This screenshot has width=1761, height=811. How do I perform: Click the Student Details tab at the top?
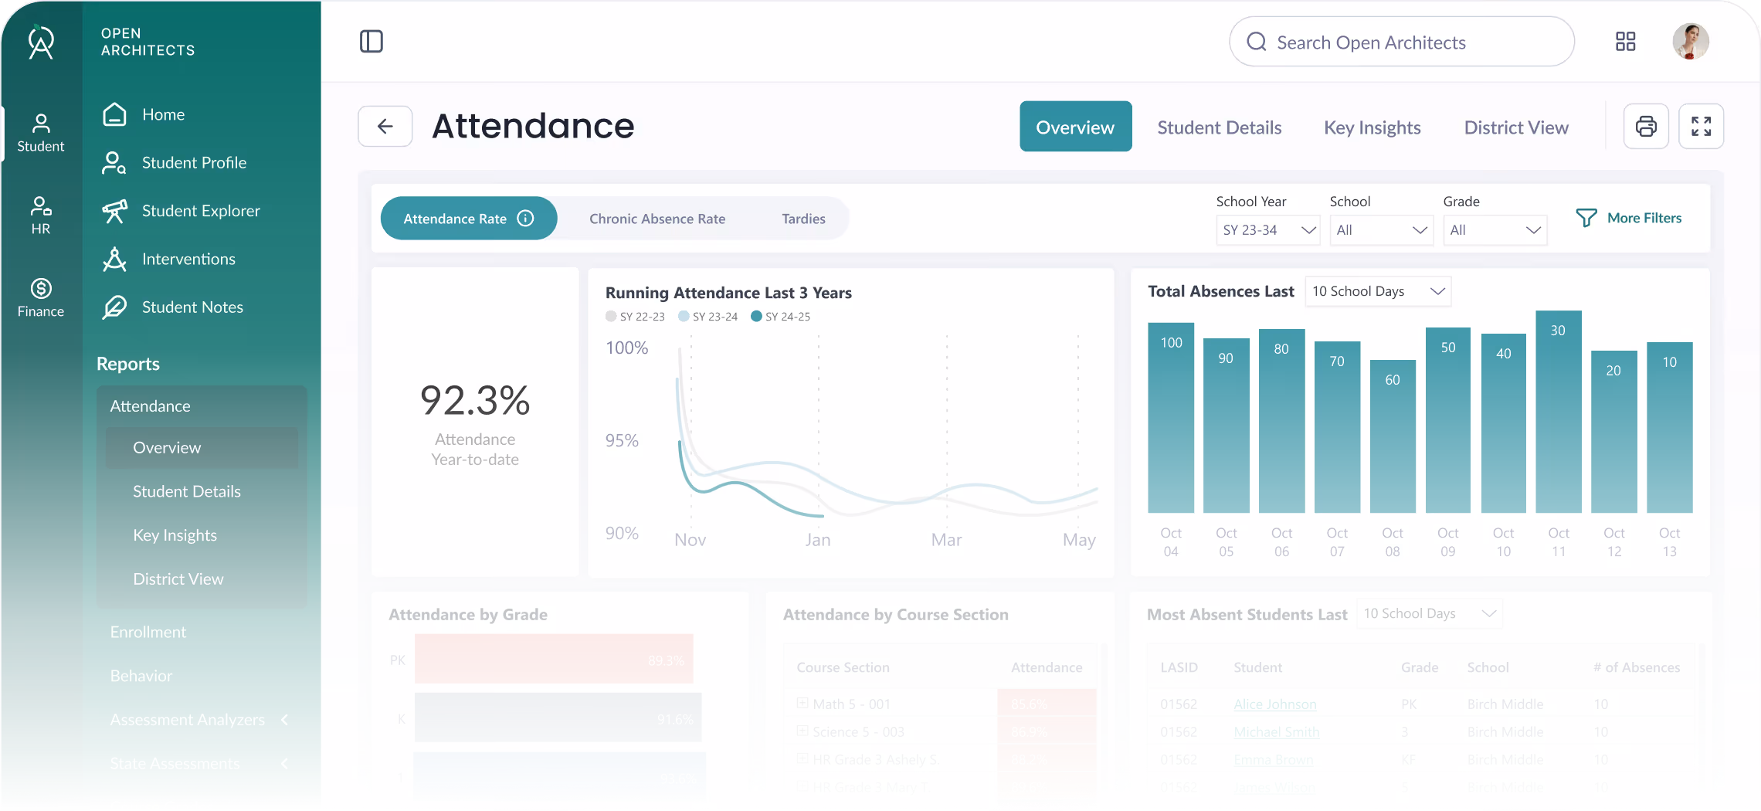click(1219, 127)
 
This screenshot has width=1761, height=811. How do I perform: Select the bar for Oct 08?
click(1392, 436)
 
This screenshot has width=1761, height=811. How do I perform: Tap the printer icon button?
click(1646, 126)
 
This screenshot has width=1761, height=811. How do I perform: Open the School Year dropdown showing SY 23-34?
click(1267, 230)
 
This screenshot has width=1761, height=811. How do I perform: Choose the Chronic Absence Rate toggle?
click(657, 219)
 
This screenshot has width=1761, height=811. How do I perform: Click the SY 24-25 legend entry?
click(781, 317)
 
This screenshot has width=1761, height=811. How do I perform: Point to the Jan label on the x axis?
click(817, 540)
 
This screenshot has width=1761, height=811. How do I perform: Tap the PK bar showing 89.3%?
click(553, 659)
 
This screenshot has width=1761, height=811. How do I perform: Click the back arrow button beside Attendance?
click(385, 126)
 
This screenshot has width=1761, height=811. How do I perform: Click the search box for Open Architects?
click(1401, 42)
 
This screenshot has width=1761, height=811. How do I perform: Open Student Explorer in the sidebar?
click(200, 211)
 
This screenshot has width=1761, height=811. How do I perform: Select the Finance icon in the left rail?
click(41, 297)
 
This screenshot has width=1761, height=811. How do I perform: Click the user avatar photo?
click(1690, 42)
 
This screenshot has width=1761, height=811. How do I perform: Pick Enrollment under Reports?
click(148, 632)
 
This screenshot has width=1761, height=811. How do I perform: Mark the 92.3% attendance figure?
click(475, 400)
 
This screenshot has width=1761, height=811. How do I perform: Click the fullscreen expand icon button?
click(1701, 126)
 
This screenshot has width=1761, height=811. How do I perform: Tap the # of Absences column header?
click(1636, 667)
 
